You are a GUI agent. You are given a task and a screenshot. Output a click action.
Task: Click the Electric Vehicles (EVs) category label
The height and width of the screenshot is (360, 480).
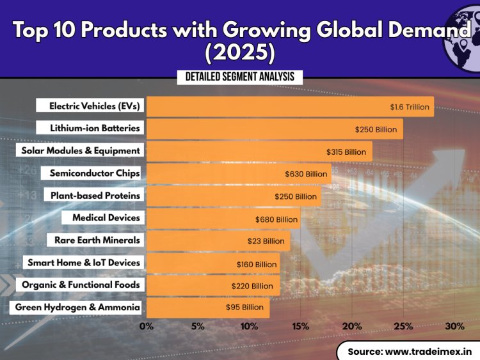[95, 106]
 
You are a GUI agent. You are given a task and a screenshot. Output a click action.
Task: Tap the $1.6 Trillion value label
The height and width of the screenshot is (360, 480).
[410, 107]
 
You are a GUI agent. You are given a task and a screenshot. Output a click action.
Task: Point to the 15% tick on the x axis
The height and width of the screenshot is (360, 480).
[301, 326]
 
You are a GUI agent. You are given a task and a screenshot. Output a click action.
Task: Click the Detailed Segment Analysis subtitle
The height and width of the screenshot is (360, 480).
[240, 77]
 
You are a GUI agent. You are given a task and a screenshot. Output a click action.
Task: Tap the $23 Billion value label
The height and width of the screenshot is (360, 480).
[266, 241]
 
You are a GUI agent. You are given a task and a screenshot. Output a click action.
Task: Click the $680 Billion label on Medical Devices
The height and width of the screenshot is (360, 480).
[276, 219]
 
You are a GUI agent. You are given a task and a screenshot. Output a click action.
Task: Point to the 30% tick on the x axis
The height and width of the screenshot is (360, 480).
[454, 326]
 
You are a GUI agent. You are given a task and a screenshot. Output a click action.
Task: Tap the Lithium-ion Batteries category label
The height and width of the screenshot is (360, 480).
[95, 129]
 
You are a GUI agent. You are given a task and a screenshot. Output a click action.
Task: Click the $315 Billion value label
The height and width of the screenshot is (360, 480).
[346, 152]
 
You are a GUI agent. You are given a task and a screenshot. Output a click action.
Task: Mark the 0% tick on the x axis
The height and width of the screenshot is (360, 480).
[147, 326]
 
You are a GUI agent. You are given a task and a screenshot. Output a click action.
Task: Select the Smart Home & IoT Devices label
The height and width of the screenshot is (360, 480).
[83, 263]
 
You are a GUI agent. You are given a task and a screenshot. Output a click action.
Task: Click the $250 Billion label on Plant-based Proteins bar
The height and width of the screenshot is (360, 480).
[296, 196]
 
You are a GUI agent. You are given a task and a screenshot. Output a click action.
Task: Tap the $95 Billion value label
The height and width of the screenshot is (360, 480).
[244, 308]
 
